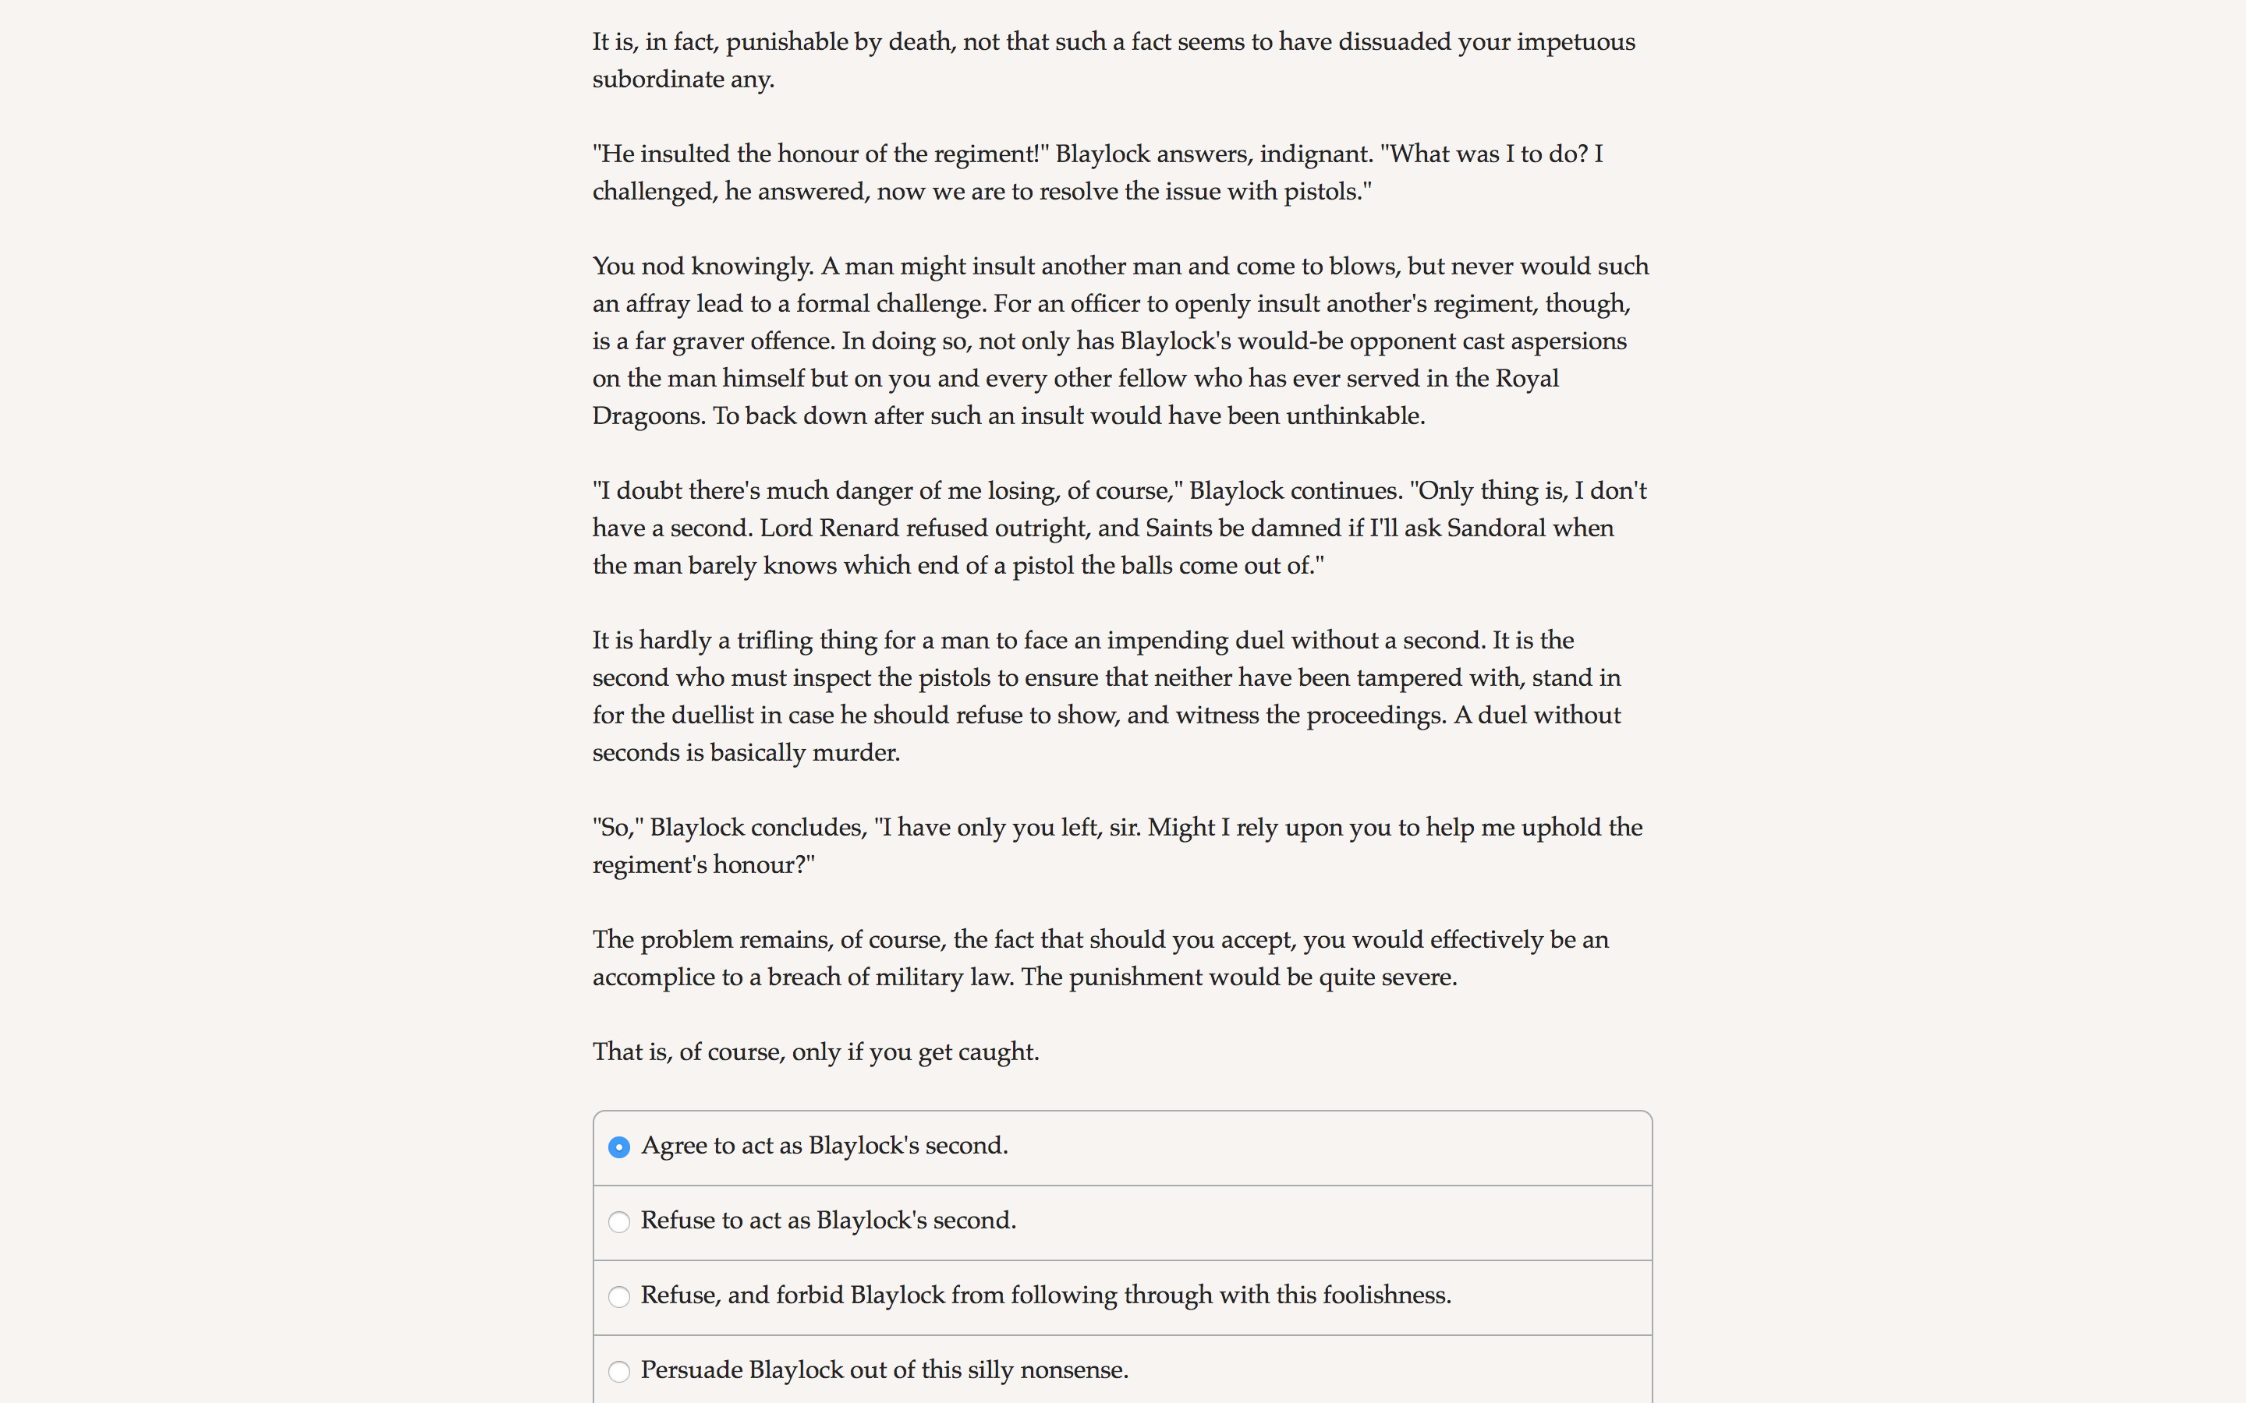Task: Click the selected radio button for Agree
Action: (619, 1147)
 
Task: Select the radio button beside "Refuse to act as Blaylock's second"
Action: (619, 1222)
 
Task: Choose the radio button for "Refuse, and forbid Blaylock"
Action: (619, 1296)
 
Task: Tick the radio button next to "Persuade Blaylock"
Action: (619, 1372)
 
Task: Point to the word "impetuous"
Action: (1576, 43)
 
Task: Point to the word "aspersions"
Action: (1568, 341)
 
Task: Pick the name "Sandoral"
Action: (1495, 528)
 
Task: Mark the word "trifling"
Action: (774, 640)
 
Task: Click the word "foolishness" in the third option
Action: (1386, 1295)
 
